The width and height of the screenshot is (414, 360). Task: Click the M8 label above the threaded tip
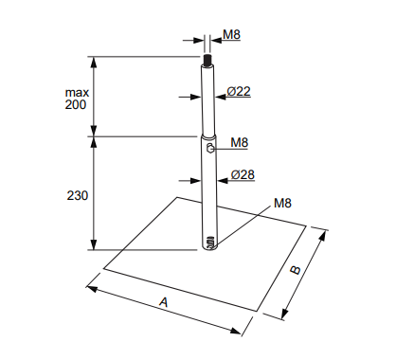231,34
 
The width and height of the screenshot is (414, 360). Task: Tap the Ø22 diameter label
239,91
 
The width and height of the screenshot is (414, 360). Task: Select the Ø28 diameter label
243,174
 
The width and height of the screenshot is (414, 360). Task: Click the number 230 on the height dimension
77,196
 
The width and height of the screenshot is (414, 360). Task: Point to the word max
77,93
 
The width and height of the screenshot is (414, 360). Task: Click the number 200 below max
76,104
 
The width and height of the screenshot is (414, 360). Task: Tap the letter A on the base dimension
164,302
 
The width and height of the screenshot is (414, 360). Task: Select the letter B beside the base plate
296,270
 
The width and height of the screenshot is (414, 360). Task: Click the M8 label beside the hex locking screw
240,143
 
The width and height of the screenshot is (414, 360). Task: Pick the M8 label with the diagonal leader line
282,203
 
